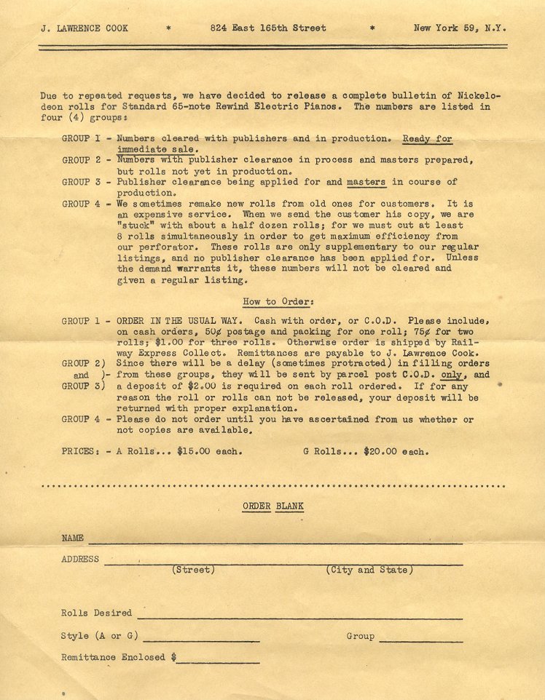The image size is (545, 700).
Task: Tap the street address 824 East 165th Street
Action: [267, 28]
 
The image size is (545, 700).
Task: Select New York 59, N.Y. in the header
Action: [459, 28]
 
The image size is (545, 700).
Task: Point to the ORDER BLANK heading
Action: [273, 506]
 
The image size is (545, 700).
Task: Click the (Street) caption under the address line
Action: [193, 570]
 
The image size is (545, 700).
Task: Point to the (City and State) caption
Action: [369, 570]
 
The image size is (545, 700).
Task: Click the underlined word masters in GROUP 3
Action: [366, 182]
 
